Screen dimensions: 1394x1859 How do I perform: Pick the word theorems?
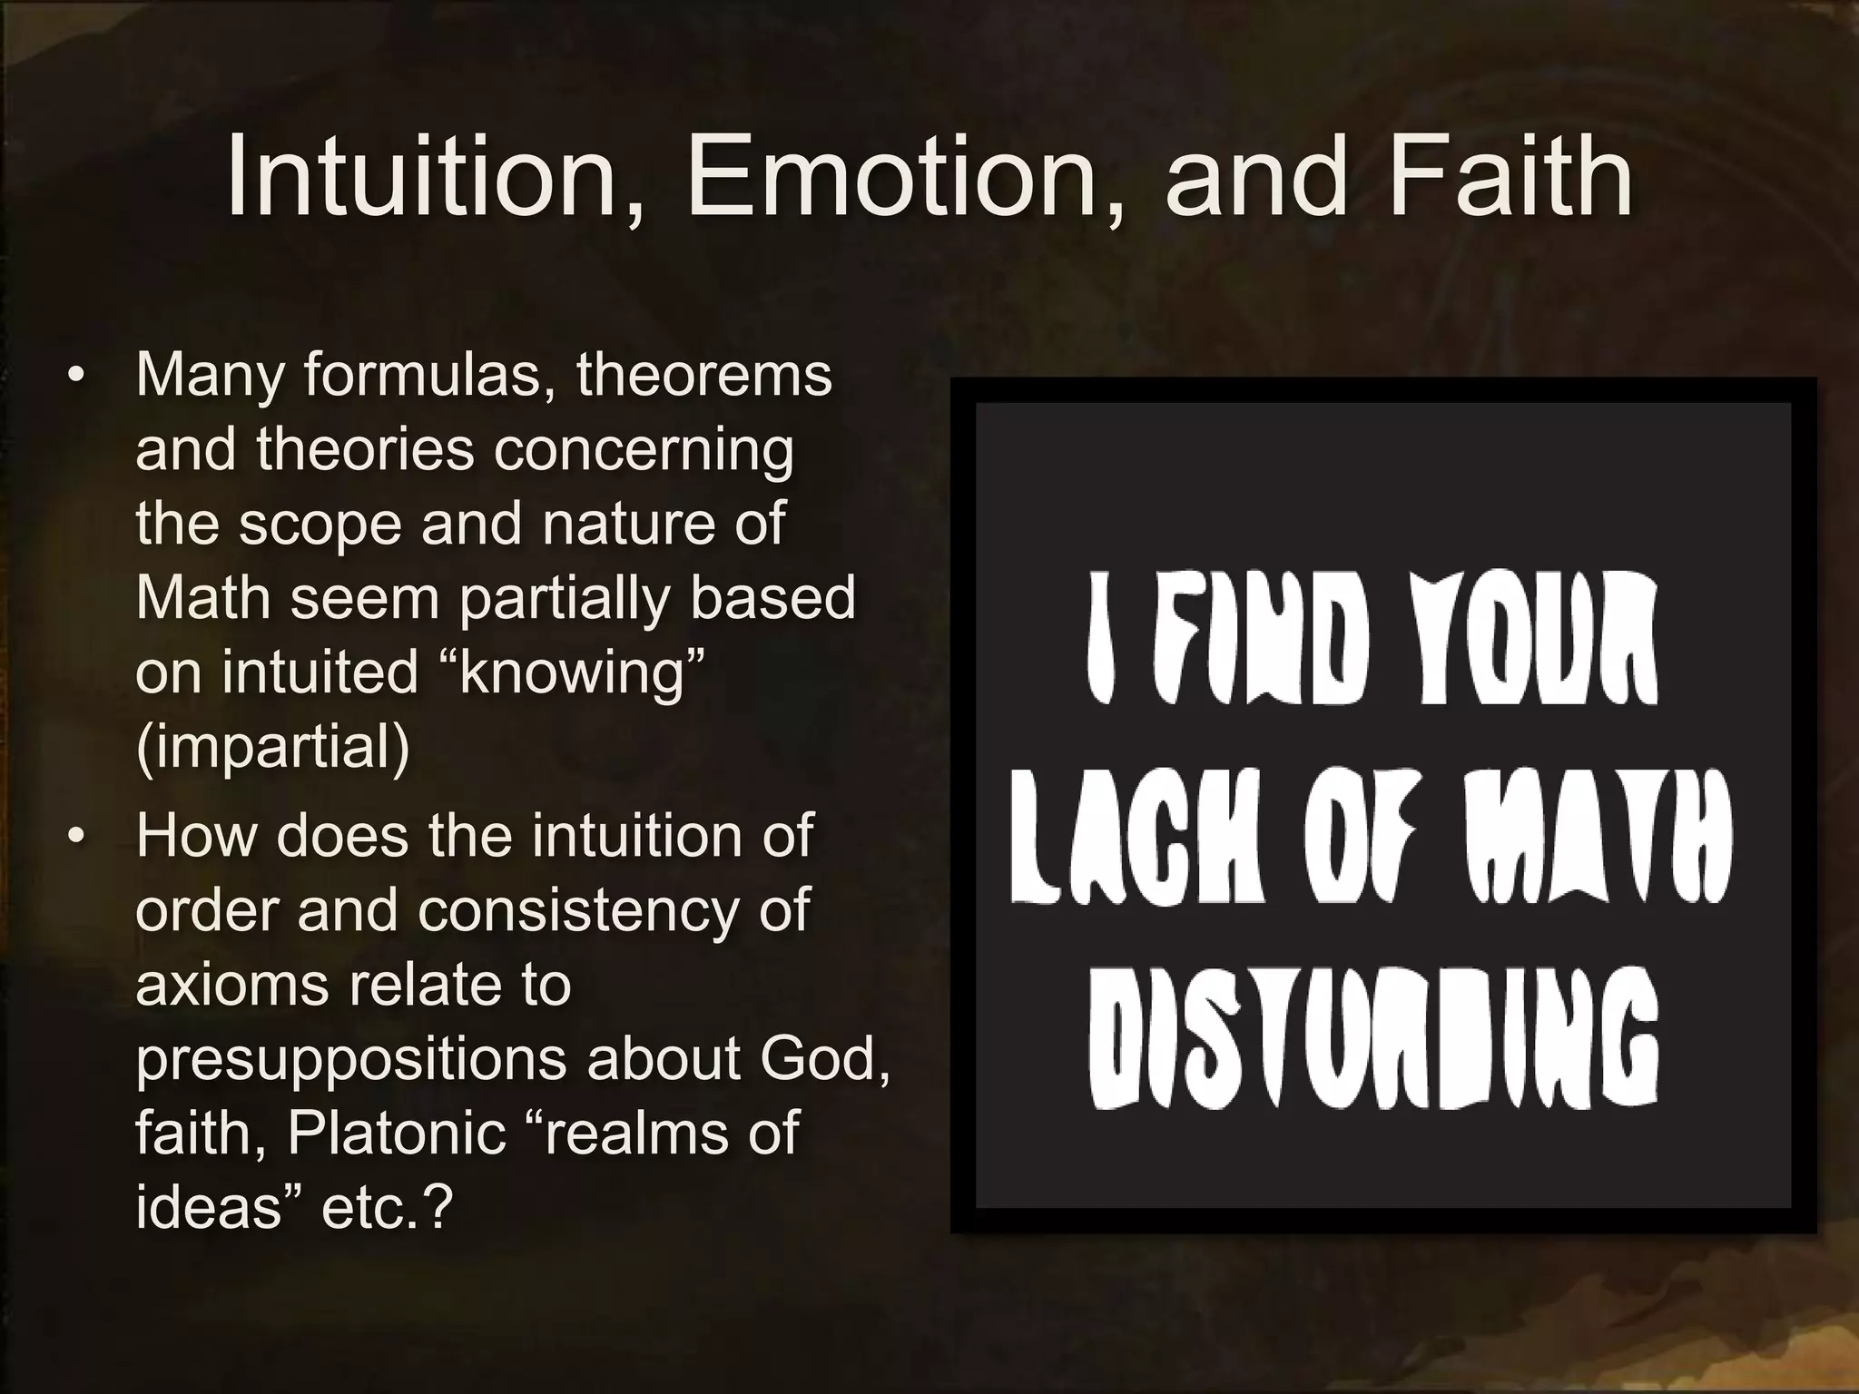click(703, 375)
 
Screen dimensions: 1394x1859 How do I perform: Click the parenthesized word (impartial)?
click(272, 747)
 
